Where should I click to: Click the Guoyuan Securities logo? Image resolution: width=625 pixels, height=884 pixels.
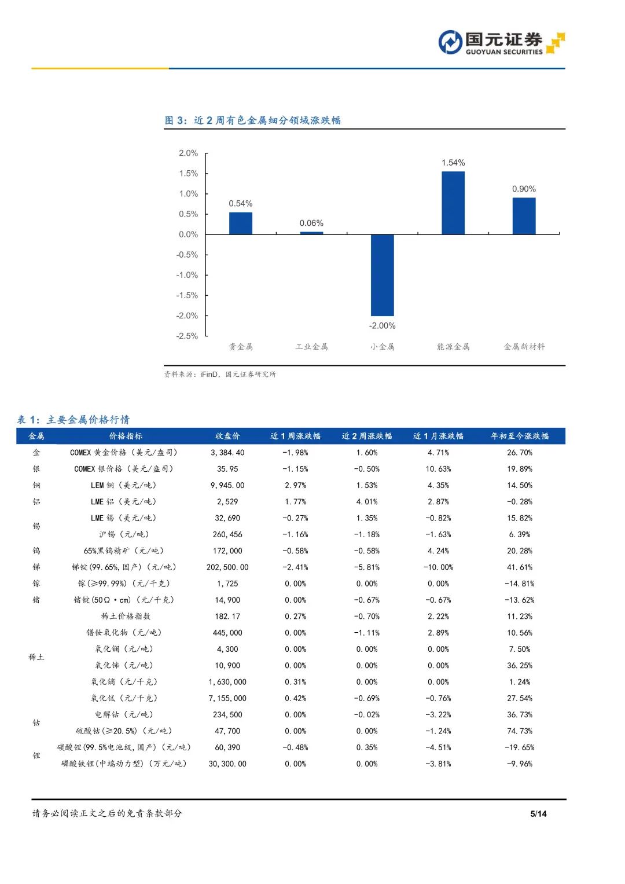tap(501, 43)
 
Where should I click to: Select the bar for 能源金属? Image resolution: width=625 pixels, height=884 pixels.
tap(453, 203)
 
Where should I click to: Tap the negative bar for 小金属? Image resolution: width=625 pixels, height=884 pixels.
tap(382, 275)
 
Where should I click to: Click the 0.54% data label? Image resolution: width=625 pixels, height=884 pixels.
tap(240, 204)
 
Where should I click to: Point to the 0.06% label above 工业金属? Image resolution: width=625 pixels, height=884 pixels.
tap(311, 223)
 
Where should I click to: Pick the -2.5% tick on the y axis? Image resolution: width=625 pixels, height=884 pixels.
tap(187, 336)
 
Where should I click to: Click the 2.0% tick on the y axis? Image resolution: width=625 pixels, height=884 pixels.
tap(188, 153)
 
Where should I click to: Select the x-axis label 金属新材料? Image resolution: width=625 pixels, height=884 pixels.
tap(524, 347)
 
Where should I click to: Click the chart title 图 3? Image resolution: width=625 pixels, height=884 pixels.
tap(252, 120)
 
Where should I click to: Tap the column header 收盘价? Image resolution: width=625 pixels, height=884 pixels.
tap(227, 436)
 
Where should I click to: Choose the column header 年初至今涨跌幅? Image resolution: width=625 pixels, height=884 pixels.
tap(519, 436)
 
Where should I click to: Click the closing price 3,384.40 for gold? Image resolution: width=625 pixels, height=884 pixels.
tap(227, 453)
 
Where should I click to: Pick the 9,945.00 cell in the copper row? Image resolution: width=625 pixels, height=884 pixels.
tap(227, 485)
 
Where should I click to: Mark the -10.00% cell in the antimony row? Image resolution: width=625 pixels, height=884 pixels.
tap(438, 567)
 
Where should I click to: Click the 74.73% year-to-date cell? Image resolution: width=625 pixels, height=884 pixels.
tap(519, 731)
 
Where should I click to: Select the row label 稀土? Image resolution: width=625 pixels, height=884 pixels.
tap(36, 657)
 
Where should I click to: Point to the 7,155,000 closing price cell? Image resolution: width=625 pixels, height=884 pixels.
tap(227, 698)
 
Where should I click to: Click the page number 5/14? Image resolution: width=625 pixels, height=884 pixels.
tap(538, 813)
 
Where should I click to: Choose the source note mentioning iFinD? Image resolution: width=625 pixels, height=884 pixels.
tap(220, 375)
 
